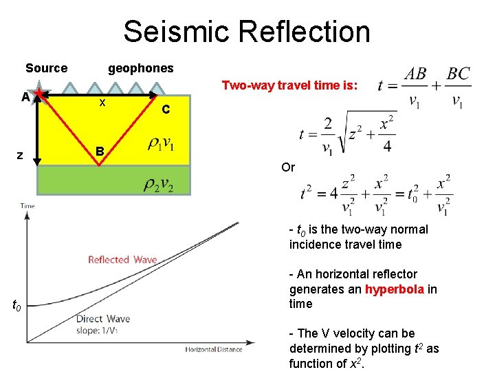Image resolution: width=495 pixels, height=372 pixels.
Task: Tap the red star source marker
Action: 42,94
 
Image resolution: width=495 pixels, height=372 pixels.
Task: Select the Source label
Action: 46,68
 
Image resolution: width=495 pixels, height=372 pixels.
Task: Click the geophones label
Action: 141,68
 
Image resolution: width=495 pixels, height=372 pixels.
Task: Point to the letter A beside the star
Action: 25,97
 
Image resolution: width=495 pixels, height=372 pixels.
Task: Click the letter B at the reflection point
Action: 100,151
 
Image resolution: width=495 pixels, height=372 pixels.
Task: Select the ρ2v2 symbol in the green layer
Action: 159,184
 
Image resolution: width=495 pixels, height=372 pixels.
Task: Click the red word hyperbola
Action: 395,289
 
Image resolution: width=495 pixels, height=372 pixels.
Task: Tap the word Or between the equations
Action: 288,167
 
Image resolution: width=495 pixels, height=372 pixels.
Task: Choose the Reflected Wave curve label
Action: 122,260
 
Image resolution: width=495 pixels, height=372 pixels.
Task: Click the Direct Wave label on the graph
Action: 102,319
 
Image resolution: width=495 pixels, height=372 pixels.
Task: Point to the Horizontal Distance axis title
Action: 213,349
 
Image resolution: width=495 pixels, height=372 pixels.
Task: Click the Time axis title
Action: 27,206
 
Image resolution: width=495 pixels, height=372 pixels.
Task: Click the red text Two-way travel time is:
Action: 289,85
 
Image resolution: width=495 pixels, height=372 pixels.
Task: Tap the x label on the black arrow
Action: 102,103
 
